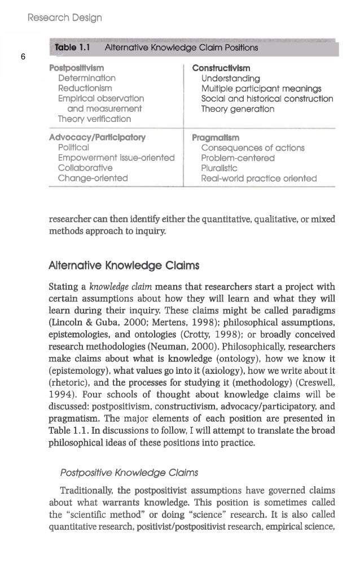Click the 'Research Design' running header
click(65, 18)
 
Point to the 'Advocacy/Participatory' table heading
click(97, 137)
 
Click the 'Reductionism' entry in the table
click(85, 89)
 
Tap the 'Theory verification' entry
click(95, 119)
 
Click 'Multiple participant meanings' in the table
click(261, 89)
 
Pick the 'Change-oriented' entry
click(93, 178)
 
